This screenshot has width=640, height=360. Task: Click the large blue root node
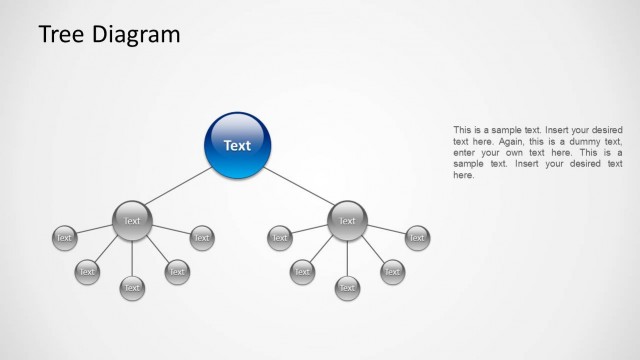tap(237, 146)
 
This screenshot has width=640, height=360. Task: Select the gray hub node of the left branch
tap(132, 221)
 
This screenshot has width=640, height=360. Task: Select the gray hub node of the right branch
tap(347, 221)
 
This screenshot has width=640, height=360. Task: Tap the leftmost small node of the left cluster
tap(64, 238)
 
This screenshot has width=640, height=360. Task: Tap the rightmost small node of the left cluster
tap(202, 238)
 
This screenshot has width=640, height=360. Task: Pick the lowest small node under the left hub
tap(132, 288)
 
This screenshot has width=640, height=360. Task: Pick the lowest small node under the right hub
tap(347, 288)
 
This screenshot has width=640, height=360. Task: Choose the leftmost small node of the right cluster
tap(280, 238)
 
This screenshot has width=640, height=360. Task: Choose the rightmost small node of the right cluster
tap(417, 238)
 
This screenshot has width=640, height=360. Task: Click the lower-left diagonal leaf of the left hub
tap(87, 271)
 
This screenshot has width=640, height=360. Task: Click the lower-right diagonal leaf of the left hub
tap(177, 271)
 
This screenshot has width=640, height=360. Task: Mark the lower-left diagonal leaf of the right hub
tap(302, 271)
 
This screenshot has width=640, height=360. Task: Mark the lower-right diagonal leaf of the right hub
tap(392, 271)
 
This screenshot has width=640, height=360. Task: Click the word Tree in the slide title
tap(61, 35)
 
